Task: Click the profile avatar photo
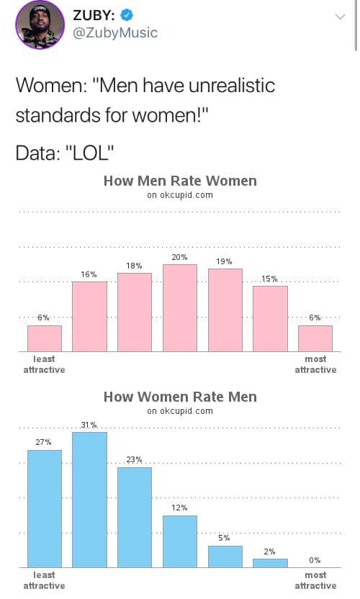coord(40,24)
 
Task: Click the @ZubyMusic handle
coord(115,33)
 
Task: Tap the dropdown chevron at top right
coord(340,17)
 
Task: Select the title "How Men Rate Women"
coord(180,181)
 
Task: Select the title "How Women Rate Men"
coord(180,397)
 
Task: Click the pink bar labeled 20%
coord(180,307)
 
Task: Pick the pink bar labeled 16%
coord(89,316)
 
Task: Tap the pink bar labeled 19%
coord(225,310)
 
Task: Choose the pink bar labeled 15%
coord(270,318)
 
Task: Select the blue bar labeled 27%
coord(44,508)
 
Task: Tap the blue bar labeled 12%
coord(180,541)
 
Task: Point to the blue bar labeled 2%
coord(270,562)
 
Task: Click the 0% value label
coord(315,560)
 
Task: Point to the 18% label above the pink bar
coord(134,266)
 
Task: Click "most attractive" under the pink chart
coord(315,364)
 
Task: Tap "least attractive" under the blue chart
coord(44,580)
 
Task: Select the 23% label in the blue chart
coord(134,459)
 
